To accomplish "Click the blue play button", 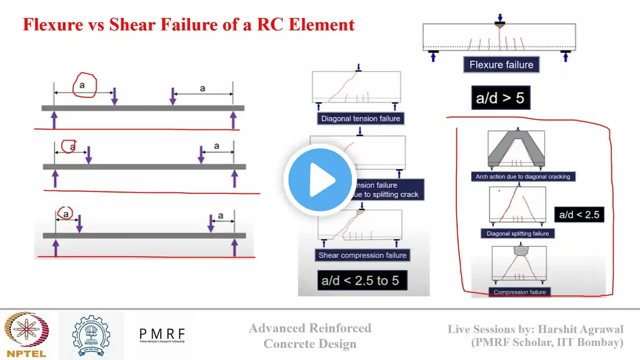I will click(319, 180).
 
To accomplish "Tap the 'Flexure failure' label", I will click(501, 64).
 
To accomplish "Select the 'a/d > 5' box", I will click(500, 97).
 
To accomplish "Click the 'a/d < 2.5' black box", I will click(579, 215).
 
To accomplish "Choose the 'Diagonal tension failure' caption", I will click(360, 119).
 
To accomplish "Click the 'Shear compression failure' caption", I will click(362, 255).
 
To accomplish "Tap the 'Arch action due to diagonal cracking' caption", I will click(519, 176).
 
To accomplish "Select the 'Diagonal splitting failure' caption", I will click(517, 233).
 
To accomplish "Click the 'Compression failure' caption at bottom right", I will click(519, 292).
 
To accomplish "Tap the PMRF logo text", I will click(161, 334).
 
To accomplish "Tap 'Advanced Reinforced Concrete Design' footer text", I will click(310, 335).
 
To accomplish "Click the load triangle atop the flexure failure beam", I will click(499, 24).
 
